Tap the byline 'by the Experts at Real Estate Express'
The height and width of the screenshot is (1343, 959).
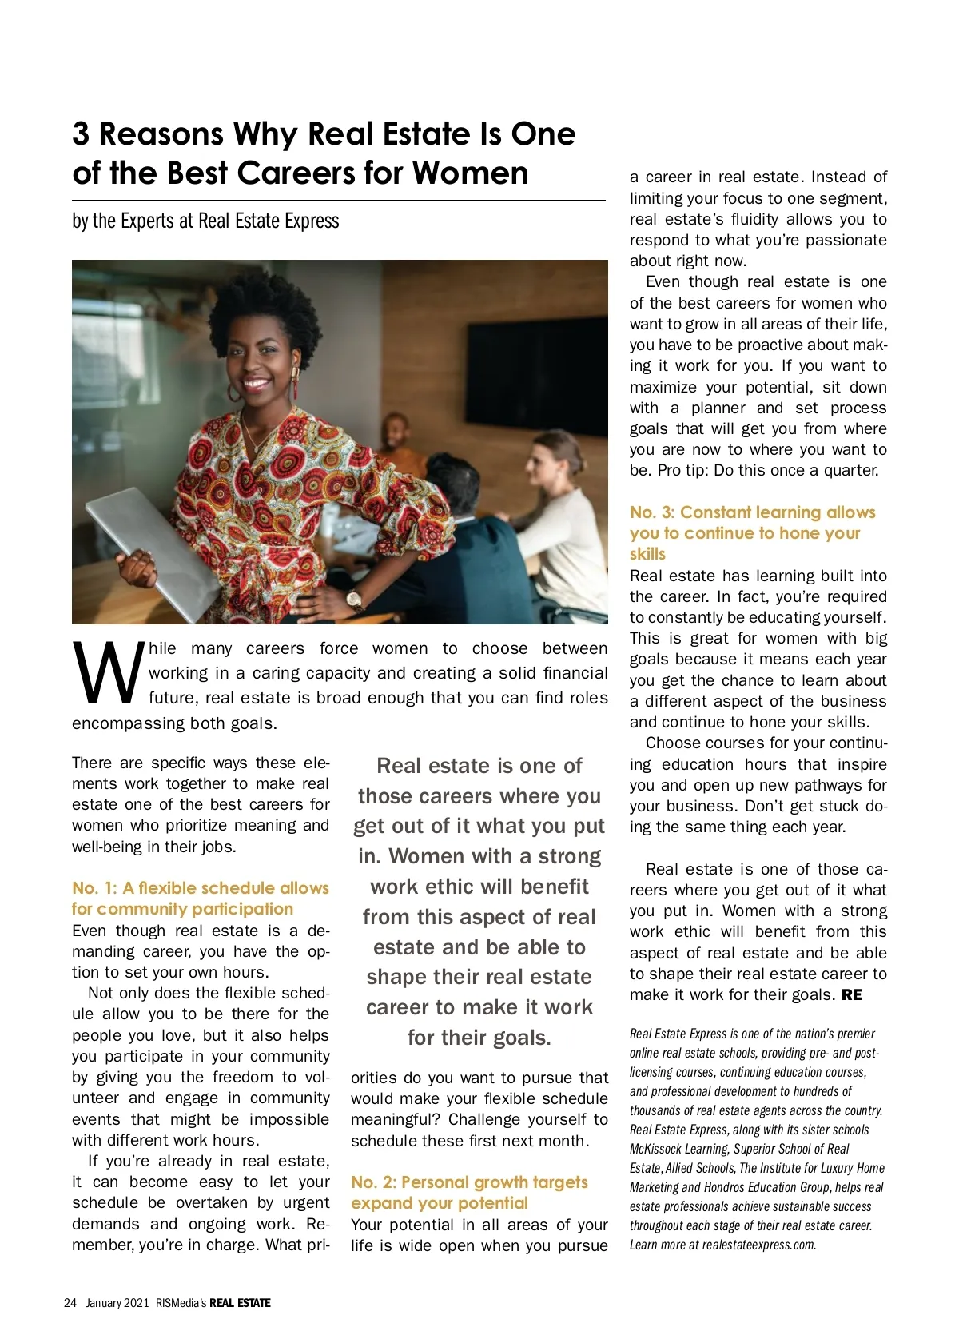pos(205,221)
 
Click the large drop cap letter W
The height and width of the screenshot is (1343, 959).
pos(108,673)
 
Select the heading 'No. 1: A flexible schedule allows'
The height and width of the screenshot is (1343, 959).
pos(200,887)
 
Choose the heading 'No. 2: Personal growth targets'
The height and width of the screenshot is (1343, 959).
pos(469,1182)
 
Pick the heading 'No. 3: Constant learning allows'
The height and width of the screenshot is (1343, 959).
pos(752,512)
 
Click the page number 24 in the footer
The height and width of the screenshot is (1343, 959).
pos(70,1302)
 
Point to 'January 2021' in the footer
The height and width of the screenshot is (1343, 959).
pos(117,1302)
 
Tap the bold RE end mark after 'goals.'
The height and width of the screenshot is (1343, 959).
pos(852,995)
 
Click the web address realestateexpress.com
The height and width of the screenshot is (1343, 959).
pos(758,1245)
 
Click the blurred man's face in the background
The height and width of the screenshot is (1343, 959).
pos(397,435)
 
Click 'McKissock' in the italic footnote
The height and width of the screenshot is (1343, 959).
pos(657,1149)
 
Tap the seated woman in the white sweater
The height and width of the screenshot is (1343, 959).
pos(559,520)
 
